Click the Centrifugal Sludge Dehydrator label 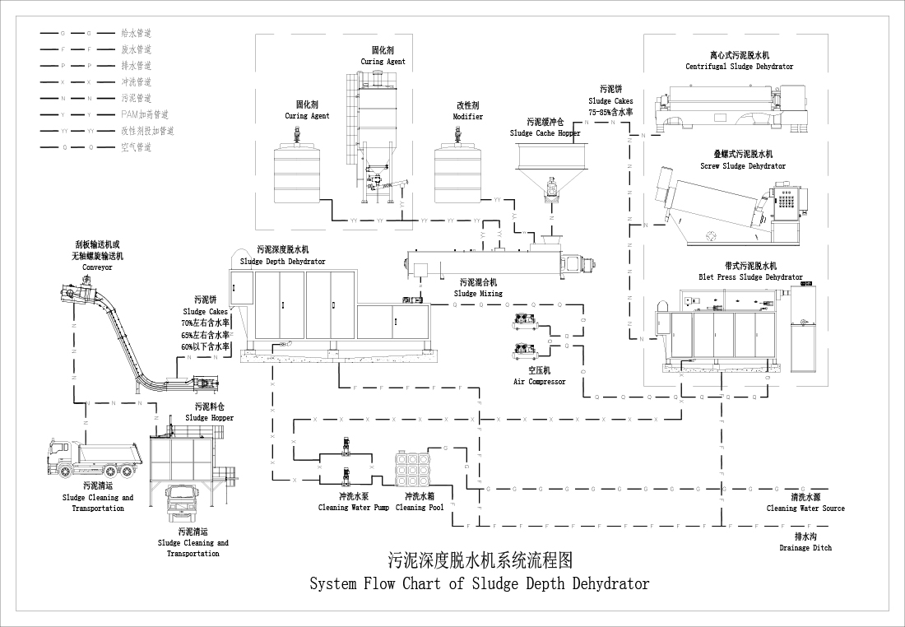[x=739, y=67]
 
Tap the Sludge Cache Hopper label [x=545, y=132]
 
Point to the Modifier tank [x=457, y=174]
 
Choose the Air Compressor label [x=540, y=382]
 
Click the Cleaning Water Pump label [x=354, y=508]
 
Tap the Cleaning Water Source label [x=805, y=509]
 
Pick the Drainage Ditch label [x=805, y=548]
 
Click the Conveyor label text [x=96, y=267]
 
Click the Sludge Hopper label [x=209, y=418]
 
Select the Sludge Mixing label [x=478, y=293]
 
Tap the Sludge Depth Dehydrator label [x=282, y=262]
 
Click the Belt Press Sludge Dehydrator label [x=750, y=277]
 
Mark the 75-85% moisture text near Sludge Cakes [x=610, y=111]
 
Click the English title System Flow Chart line [x=479, y=584]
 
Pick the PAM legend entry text [x=144, y=114]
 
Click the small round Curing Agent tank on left [x=298, y=174]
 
